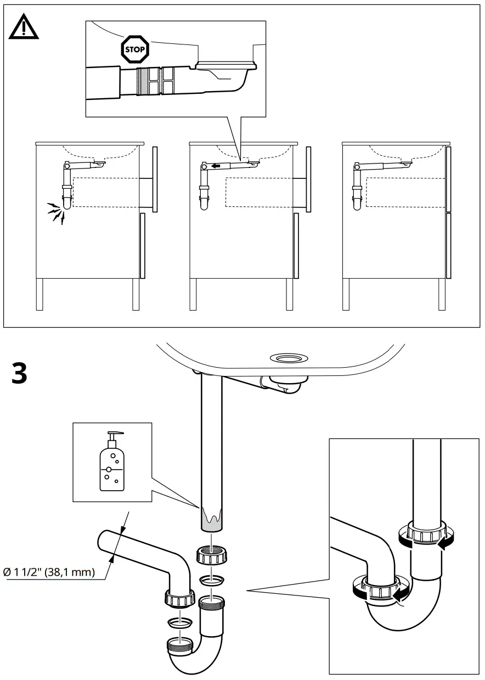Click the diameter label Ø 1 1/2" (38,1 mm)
(x=49, y=572)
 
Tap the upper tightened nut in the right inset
(x=425, y=534)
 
